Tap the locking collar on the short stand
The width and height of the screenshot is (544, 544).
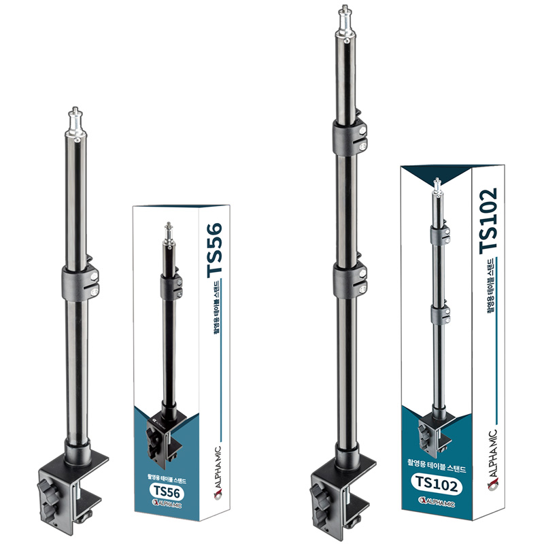coord(80,282)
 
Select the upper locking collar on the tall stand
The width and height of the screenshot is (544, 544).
coord(350,137)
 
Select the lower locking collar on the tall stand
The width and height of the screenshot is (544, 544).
coord(350,280)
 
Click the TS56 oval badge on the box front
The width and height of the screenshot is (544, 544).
coord(167,491)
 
